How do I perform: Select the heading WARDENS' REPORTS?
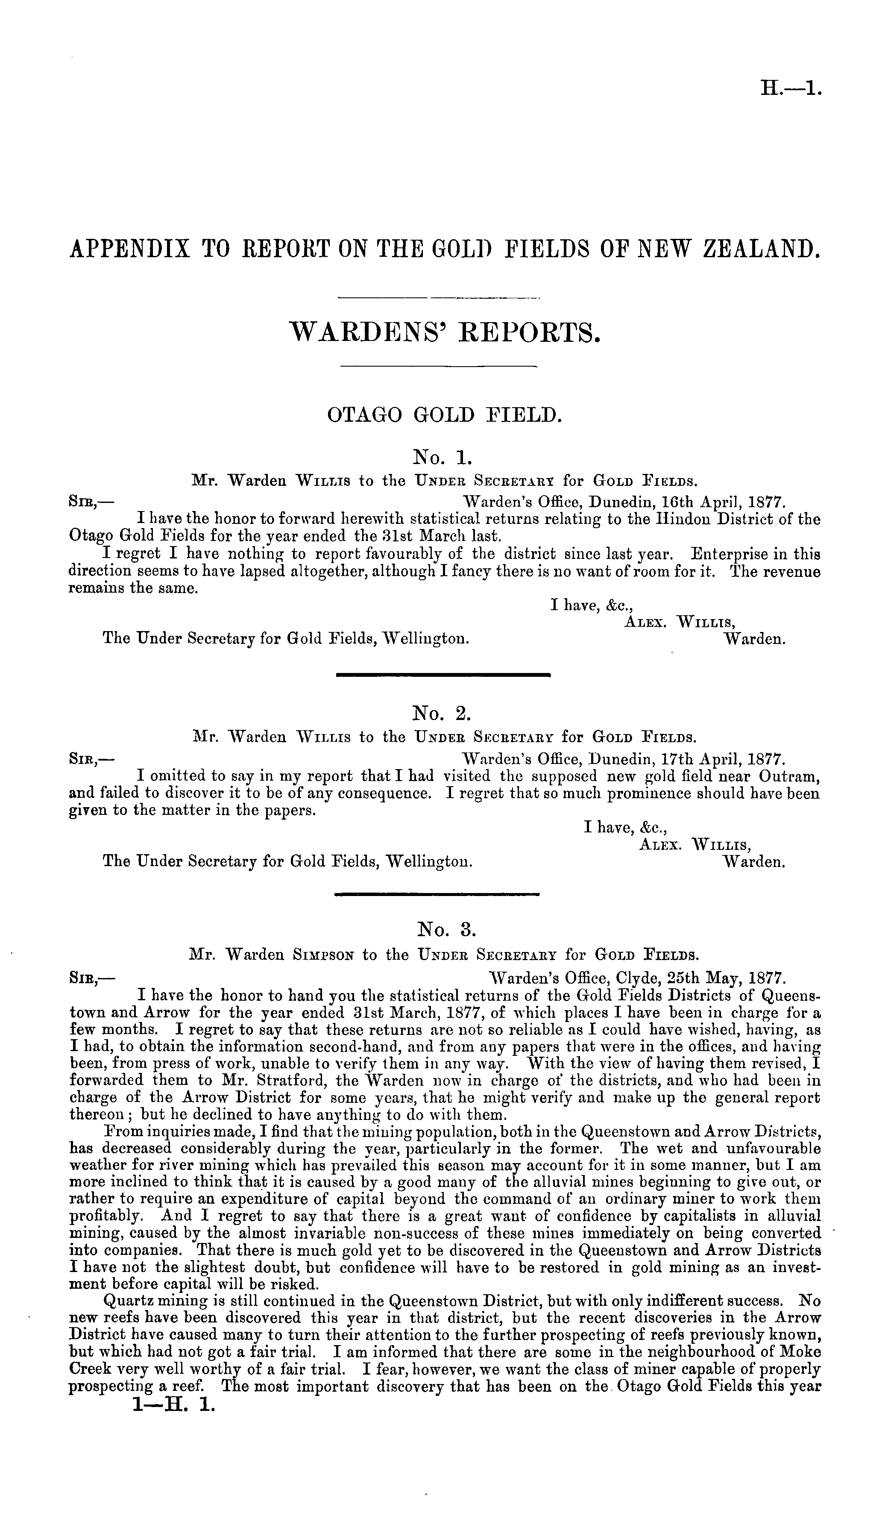point(445,332)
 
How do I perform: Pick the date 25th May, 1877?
point(722,976)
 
